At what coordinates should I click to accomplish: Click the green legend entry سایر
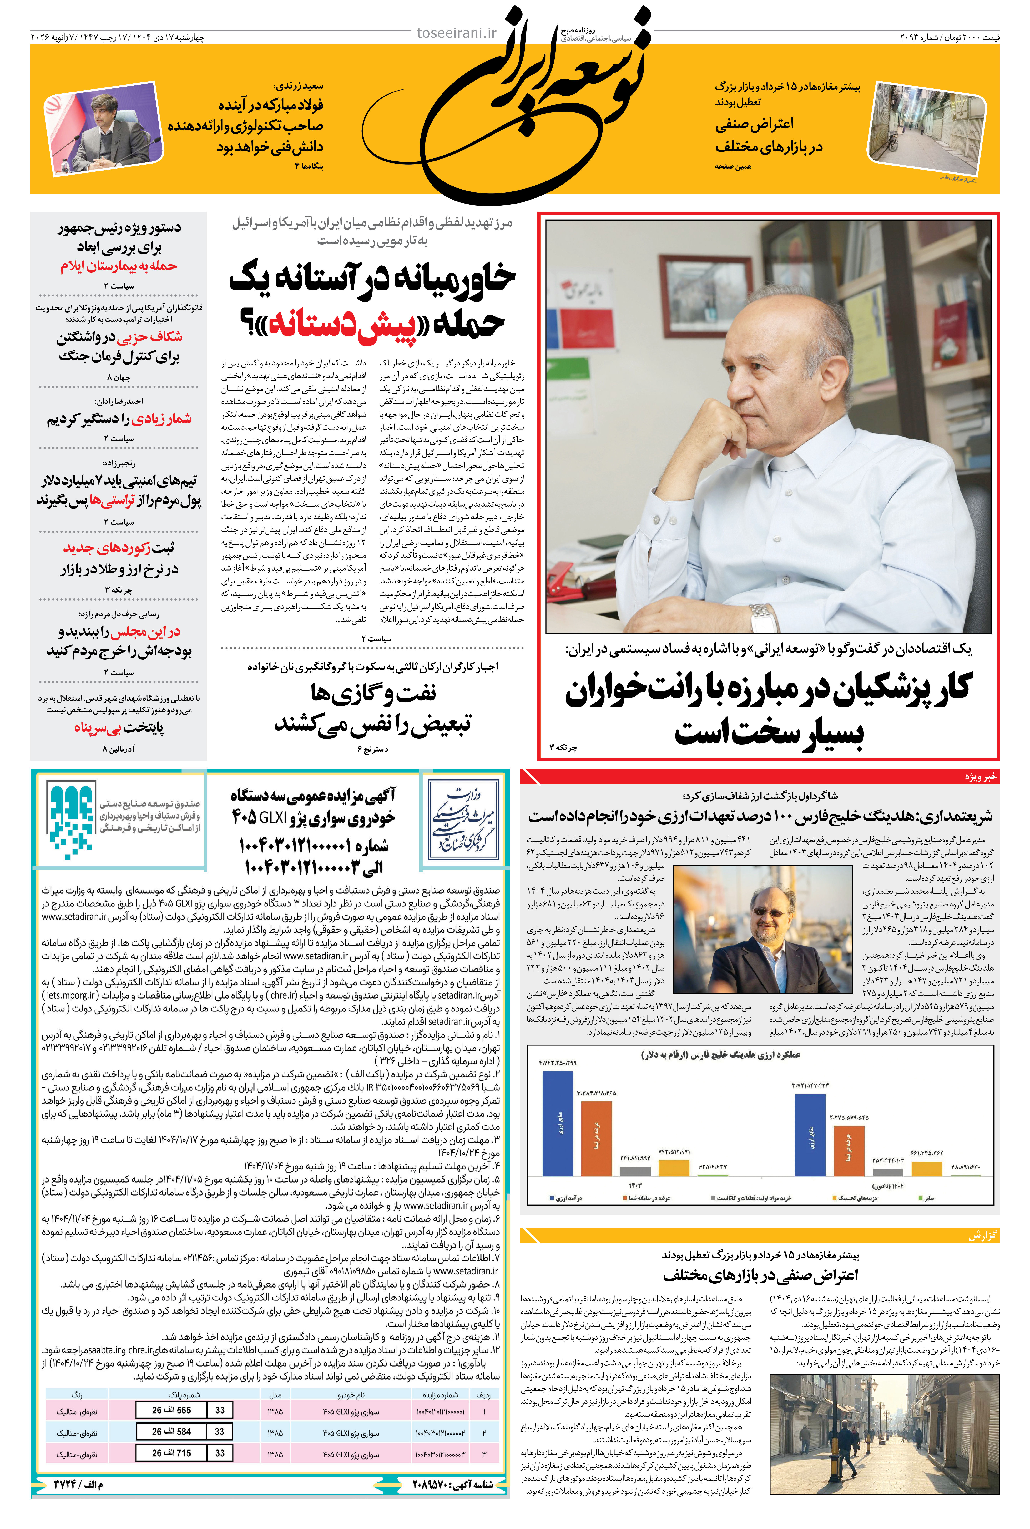[x=926, y=1198]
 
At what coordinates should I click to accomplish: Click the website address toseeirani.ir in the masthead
[x=457, y=33]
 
